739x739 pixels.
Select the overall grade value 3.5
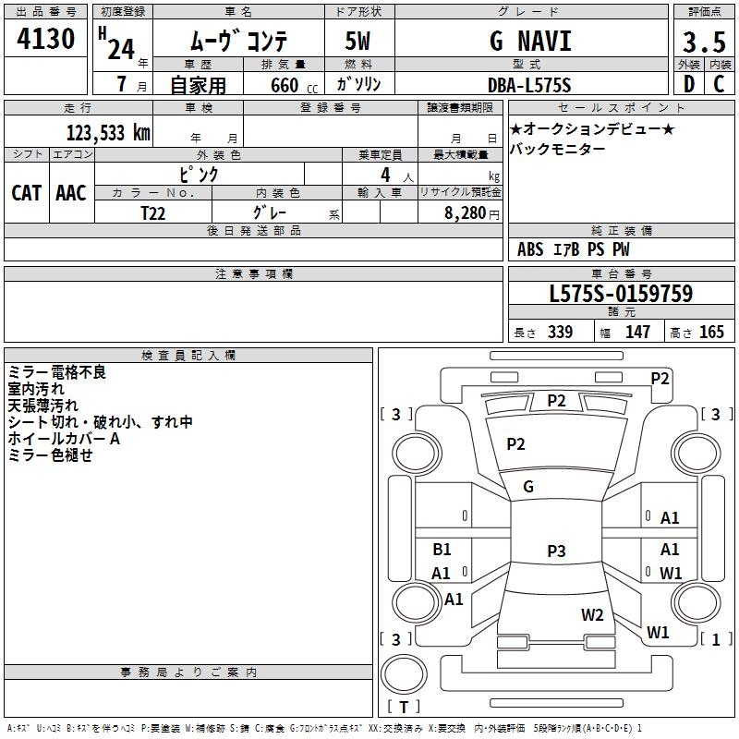[x=703, y=43]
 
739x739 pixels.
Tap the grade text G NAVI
[x=530, y=42]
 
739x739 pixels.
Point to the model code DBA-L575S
[x=530, y=85]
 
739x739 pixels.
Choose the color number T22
[x=153, y=212]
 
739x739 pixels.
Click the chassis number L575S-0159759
[x=621, y=295]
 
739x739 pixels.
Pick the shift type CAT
[x=26, y=192]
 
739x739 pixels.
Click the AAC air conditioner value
[x=71, y=192]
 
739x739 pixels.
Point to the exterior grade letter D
[x=688, y=85]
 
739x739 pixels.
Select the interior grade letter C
[x=719, y=85]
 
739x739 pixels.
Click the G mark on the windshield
[x=528, y=486]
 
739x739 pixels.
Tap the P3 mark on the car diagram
[x=555, y=551]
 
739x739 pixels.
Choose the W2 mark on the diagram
[x=592, y=614]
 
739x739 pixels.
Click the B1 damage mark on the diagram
[x=442, y=549]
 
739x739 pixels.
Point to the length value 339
[x=560, y=333]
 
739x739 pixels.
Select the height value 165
[x=711, y=333]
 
